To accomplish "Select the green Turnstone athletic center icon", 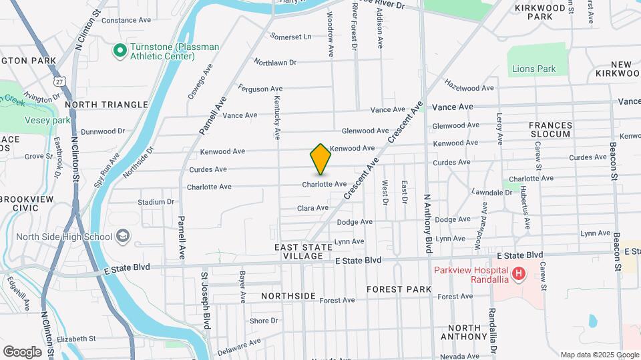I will (x=120, y=50).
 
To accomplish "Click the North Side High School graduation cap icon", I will (x=123, y=236).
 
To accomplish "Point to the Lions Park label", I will (x=533, y=69).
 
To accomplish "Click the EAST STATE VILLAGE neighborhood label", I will (x=303, y=251).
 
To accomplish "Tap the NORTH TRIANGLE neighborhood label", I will (x=107, y=105).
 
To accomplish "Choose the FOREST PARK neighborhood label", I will (x=399, y=289).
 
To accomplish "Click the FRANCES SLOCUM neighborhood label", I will (x=550, y=129).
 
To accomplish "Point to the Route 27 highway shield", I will (x=61, y=81).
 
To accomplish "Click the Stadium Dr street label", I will (x=156, y=202).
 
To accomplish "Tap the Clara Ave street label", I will (x=312, y=209).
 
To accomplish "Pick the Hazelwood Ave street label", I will (x=471, y=87).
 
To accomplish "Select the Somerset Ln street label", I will (x=290, y=36).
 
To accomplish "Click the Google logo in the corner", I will (x=22, y=351).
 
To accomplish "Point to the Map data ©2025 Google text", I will (x=599, y=355).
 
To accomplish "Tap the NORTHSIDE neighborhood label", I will (x=288, y=295).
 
